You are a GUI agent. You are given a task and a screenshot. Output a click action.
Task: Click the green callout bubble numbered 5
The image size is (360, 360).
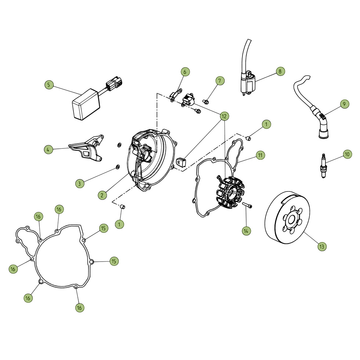point(48,85)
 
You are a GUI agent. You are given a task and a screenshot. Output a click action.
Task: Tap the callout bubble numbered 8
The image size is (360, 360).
point(280,71)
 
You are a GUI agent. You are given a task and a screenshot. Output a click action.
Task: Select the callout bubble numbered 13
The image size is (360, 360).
point(322,246)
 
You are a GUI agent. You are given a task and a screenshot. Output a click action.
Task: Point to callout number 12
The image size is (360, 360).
point(224,116)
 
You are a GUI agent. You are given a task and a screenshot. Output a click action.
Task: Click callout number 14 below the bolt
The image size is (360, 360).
point(246,231)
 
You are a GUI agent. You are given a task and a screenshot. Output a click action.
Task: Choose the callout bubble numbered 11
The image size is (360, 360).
point(260,155)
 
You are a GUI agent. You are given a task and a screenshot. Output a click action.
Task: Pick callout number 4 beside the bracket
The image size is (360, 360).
point(48,150)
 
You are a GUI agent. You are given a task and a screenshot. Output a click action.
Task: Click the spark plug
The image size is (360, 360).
point(324,166)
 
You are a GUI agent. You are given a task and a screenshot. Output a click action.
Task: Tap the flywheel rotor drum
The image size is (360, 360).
point(287,217)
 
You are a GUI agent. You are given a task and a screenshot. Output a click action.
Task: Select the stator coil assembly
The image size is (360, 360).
point(230,192)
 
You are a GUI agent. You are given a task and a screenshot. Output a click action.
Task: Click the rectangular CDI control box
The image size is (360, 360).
point(86,104)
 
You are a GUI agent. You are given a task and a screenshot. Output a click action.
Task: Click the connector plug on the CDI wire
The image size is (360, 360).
point(114,84)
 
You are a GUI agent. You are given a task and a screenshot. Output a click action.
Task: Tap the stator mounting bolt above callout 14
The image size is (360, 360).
point(247,205)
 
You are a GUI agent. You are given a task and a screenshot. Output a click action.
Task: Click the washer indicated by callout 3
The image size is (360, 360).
point(117,166)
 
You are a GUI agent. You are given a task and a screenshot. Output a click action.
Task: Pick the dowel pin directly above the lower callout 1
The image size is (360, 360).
point(123,206)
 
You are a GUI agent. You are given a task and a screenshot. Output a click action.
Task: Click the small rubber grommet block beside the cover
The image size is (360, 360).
point(181,162)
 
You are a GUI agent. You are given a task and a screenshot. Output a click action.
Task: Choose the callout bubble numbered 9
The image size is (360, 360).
point(344,104)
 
